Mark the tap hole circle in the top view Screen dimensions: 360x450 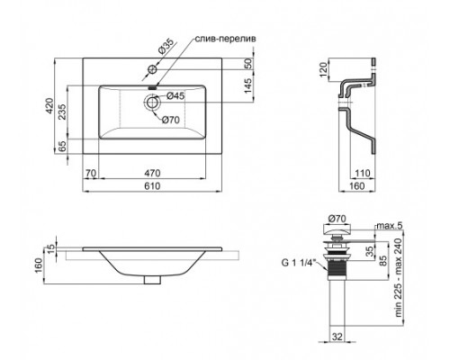[153, 71]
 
